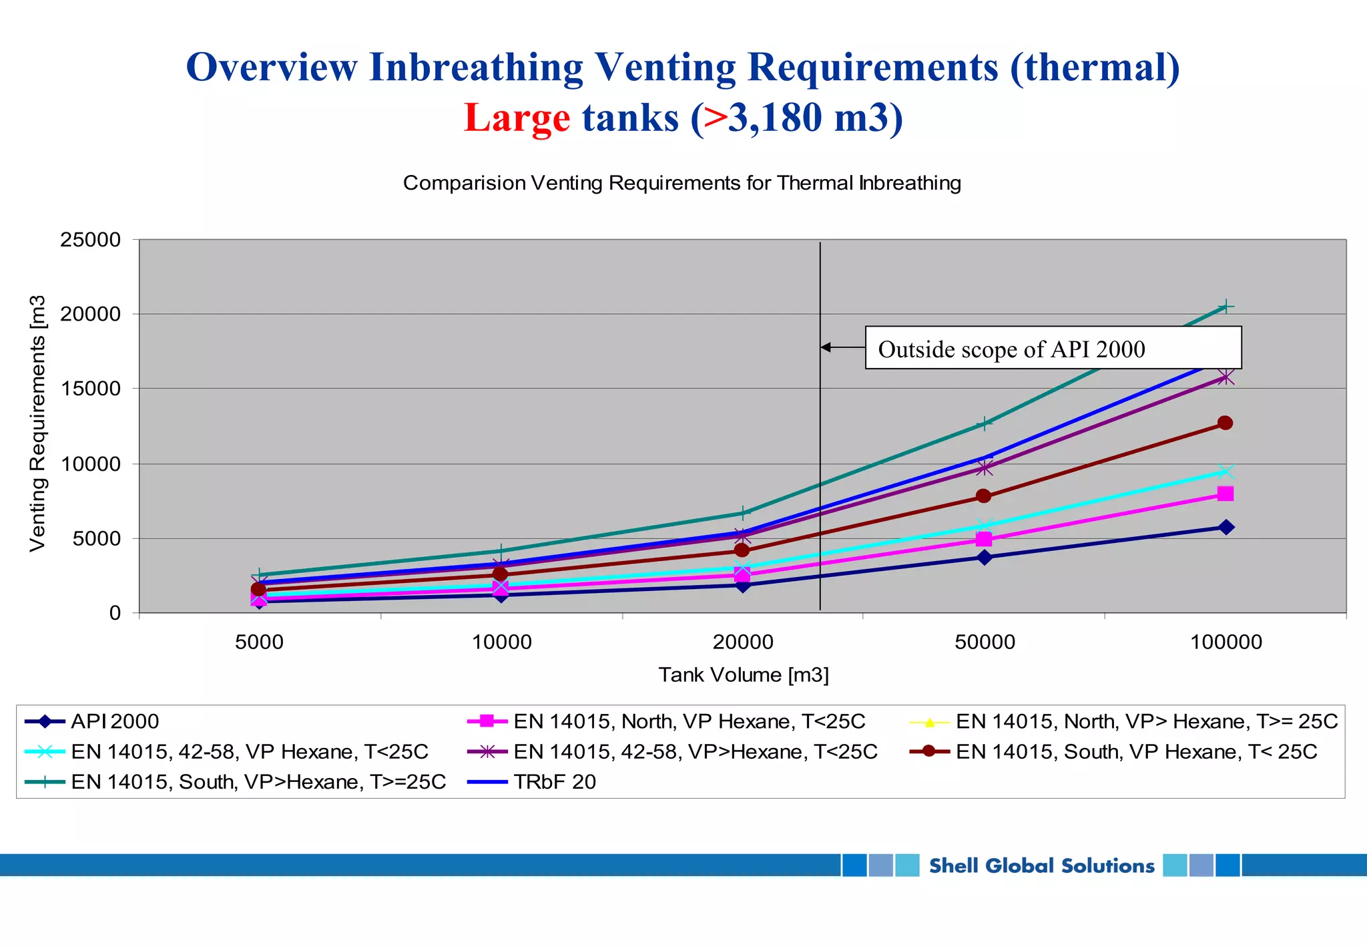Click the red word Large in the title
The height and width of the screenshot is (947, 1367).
point(517,118)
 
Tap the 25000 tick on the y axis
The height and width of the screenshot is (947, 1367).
point(90,240)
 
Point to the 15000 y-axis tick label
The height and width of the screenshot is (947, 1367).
point(90,389)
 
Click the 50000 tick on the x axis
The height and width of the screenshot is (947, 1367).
point(985,642)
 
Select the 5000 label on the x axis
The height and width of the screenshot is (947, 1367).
point(259,642)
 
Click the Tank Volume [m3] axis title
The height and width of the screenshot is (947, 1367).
point(743,675)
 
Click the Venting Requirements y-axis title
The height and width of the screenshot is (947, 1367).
point(37,423)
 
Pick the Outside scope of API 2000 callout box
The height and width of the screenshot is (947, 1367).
point(1053,348)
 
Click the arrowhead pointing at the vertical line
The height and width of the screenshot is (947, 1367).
point(826,347)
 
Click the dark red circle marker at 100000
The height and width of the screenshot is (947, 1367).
point(1225,423)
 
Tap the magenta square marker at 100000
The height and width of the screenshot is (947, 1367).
point(1225,494)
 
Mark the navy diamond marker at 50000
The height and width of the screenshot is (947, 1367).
point(985,557)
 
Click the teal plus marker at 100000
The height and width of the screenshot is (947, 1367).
point(1225,307)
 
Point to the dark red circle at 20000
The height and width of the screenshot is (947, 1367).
point(742,550)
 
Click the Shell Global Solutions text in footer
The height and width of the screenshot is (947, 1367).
point(1041,866)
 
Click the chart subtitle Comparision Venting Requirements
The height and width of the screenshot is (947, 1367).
point(681,183)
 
